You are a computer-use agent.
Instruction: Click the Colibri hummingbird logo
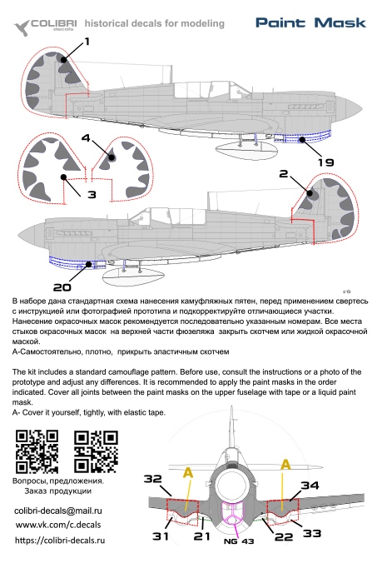tap(22, 27)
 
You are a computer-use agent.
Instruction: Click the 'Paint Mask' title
tap(310, 22)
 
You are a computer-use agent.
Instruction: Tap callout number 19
tap(325, 162)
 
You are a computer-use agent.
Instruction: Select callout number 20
tap(62, 287)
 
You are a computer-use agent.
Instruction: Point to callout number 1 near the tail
tap(87, 42)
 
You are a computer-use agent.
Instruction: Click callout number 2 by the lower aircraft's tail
tap(284, 173)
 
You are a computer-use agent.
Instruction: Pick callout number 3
tap(92, 194)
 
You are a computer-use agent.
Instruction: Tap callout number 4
tap(86, 137)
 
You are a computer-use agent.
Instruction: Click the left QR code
tap(37, 451)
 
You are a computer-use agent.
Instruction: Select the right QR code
tap(96, 451)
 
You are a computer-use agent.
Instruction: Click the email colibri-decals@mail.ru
tap(58, 511)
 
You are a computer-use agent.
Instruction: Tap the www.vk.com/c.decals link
tap(58, 525)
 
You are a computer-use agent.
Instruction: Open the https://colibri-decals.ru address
tap(60, 541)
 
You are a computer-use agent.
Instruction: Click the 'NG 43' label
tap(239, 541)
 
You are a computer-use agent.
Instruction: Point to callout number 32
tap(153, 479)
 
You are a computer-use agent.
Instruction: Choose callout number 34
tap(310, 485)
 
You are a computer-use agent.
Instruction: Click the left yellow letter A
tap(188, 472)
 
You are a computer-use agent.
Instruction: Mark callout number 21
tap(201, 536)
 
